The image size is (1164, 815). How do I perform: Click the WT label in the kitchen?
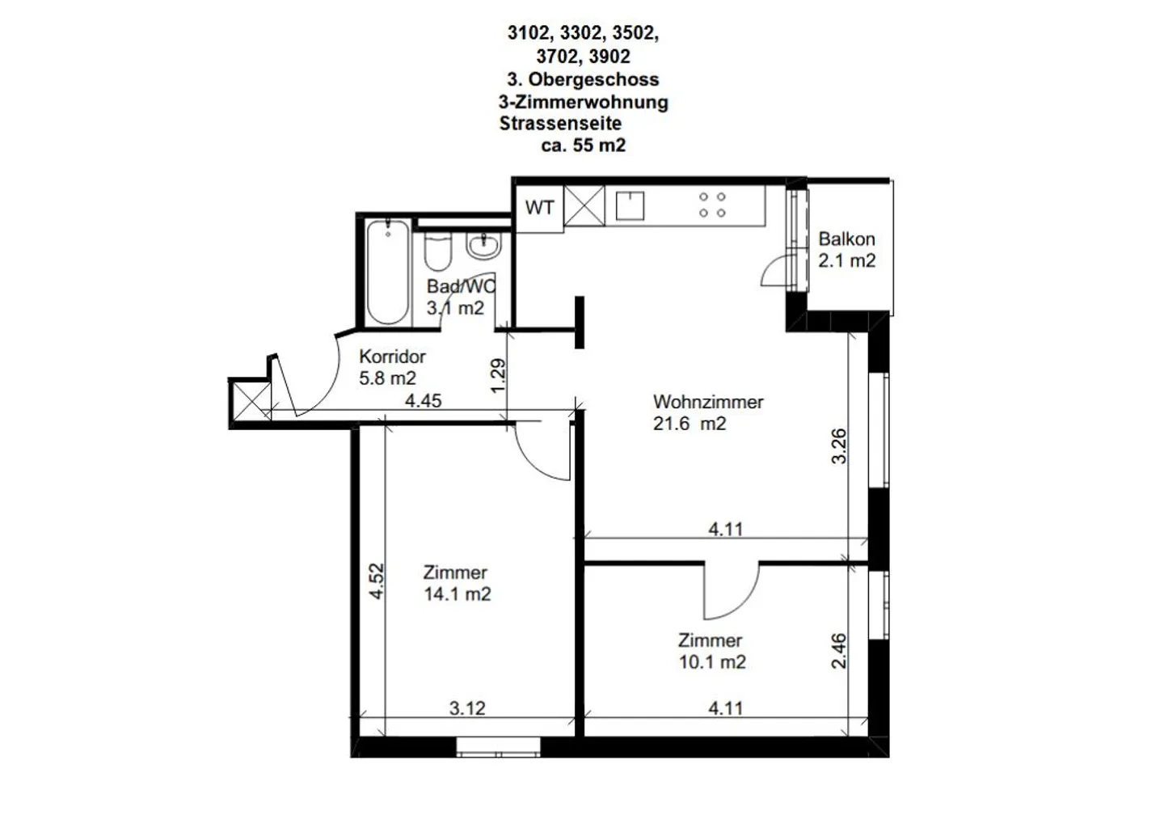coord(539,208)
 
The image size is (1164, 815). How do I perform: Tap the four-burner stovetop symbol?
coord(712,205)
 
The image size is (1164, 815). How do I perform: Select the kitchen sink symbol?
coord(630,205)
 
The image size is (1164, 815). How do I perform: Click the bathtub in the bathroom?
coord(386,271)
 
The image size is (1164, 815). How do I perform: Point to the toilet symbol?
coord(438,251)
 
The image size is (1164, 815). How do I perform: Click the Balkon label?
coord(846,239)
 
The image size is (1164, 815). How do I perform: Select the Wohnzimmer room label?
coord(707,402)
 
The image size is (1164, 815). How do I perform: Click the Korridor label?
coord(392,356)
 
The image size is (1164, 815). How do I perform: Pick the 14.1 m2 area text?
coord(457,594)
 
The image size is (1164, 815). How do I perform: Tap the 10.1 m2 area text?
coord(711,662)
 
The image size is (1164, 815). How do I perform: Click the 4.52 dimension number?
coord(376,581)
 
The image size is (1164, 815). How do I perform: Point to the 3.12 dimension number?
coord(467,708)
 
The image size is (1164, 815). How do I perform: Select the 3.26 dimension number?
coord(838,446)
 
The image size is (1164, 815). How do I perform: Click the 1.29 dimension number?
coord(498,375)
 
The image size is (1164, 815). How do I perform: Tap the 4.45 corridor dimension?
coord(423,400)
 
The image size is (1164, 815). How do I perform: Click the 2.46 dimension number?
coord(838,651)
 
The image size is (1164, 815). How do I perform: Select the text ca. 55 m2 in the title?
coord(583,146)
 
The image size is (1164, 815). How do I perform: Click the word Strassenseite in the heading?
coord(560,124)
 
